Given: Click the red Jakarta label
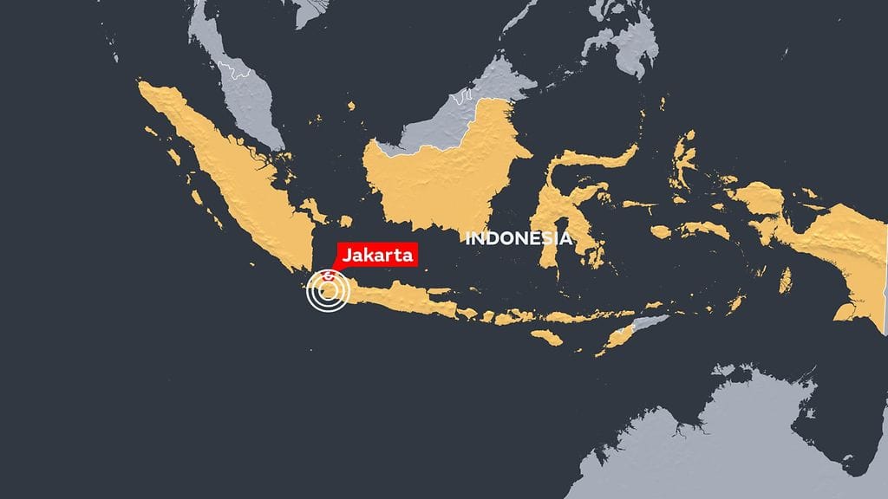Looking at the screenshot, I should click(378, 255).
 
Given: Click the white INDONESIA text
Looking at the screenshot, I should click(519, 238).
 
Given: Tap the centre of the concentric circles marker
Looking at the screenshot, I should click(328, 292).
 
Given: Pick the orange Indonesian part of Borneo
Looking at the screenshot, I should click(434, 182).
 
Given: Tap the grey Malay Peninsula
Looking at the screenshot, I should click(251, 104).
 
